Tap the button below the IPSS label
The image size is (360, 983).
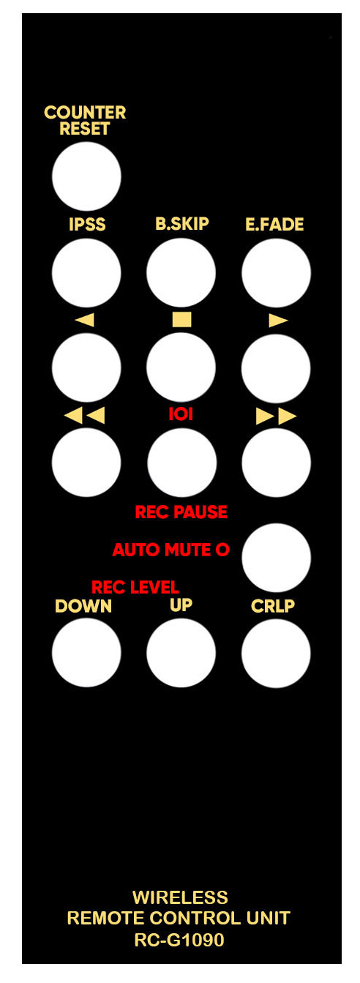(x=86, y=272)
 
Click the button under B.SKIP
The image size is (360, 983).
(x=181, y=272)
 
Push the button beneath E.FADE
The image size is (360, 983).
(x=277, y=272)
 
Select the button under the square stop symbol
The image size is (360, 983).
(x=181, y=367)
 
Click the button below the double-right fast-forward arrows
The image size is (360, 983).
(x=277, y=463)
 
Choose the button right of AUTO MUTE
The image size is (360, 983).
(x=277, y=558)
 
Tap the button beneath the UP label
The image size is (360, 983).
(x=181, y=653)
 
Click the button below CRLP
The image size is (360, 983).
(x=277, y=653)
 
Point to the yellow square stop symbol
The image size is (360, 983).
(x=181, y=319)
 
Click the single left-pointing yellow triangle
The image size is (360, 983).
(x=85, y=320)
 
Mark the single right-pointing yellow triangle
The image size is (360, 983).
(x=278, y=321)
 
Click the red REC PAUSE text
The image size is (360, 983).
(x=181, y=512)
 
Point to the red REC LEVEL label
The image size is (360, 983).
(x=135, y=587)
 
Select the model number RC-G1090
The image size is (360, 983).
(x=179, y=940)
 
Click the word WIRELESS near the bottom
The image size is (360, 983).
(x=180, y=898)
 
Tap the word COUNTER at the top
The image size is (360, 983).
(x=85, y=113)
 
